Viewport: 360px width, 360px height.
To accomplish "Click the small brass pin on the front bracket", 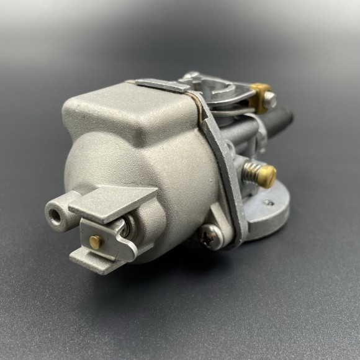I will pos(96,241).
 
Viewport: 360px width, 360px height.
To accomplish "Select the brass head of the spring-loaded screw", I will pos(268,176).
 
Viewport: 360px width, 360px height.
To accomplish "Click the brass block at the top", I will pos(261,91).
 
